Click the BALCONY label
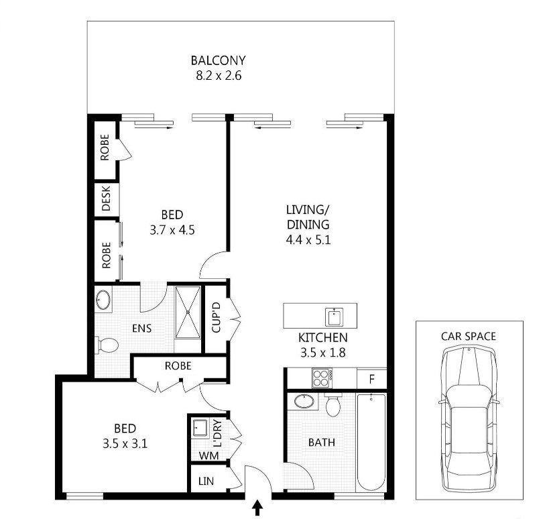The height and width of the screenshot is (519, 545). [x=219, y=60]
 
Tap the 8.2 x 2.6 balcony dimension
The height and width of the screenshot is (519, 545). [x=219, y=75]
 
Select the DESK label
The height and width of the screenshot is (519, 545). [x=106, y=198]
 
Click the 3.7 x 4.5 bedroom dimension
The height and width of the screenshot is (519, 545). [x=172, y=230]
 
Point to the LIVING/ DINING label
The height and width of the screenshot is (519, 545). [x=308, y=217]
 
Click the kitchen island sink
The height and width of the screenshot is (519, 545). [x=334, y=316]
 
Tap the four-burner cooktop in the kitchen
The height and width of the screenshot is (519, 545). [x=322, y=378]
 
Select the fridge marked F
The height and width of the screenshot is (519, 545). [x=372, y=379]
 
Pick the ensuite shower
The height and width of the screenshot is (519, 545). [x=188, y=312]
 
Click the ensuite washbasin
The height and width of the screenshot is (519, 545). [x=103, y=299]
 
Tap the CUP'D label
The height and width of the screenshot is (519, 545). [x=216, y=317]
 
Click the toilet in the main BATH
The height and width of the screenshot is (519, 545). [x=333, y=404]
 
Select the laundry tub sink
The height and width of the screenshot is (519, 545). [x=200, y=428]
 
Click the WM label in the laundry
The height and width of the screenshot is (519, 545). [x=208, y=455]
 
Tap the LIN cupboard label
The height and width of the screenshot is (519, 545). [x=206, y=481]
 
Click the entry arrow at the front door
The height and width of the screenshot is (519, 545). [x=257, y=508]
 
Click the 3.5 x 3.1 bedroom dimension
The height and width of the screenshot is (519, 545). [x=125, y=444]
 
